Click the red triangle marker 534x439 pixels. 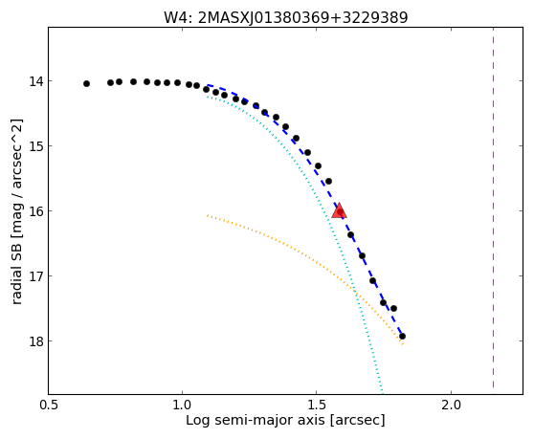339,211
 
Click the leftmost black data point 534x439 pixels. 86,84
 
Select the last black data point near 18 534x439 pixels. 402,337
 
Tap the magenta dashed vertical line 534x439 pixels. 493,208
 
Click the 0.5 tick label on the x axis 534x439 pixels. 50,405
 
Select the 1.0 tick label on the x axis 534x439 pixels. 183,405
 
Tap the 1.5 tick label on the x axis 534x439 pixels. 317,405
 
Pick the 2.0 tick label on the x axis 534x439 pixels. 451,405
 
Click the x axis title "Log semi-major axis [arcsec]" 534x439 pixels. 285,420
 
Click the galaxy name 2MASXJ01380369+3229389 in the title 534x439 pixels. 302,18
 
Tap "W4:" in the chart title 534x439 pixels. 178,18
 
